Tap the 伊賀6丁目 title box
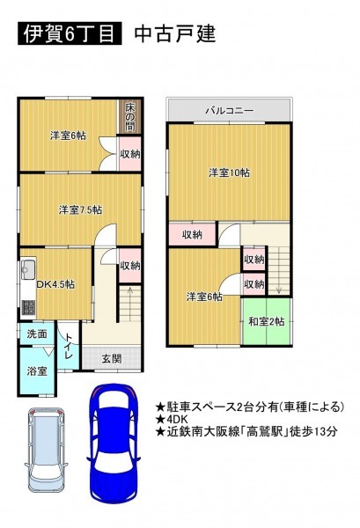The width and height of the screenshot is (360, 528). click(x=70, y=33)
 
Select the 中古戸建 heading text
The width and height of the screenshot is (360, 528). click(x=175, y=33)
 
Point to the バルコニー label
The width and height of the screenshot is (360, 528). click(x=230, y=110)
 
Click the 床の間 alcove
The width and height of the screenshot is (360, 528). click(x=129, y=117)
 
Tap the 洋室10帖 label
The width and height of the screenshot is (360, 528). click(x=229, y=172)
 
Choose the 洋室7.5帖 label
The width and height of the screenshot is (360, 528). click(x=80, y=209)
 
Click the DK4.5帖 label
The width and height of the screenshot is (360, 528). click(x=55, y=284)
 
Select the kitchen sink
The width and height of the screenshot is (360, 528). click(x=28, y=268)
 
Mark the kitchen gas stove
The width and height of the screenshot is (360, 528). click(x=28, y=307)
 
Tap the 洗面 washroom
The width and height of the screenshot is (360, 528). click(x=37, y=334)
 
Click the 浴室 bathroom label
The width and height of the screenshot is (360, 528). click(x=37, y=371)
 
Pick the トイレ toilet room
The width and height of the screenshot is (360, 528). click(x=69, y=346)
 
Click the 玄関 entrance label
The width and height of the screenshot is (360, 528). click(x=112, y=359)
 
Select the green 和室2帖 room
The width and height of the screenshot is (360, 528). click(x=267, y=321)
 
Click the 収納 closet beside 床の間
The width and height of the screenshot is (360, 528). click(x=130, y=154)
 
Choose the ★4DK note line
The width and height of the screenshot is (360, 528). click(x=172, y=419)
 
